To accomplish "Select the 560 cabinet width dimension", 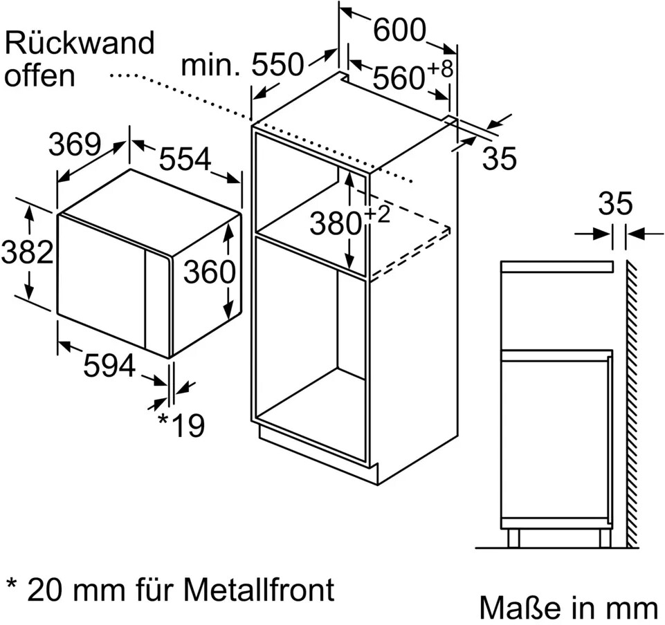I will [x=398, y=78].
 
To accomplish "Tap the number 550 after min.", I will [x=277, y=65].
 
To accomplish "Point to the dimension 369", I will [x=75, y=144].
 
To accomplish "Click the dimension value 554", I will [x=185, y=160].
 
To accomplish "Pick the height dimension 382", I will [x=27, y=252].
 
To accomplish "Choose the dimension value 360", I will [x=209, y=272].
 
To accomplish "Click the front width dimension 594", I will [x=109, y=366].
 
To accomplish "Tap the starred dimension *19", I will [x=181, y=426].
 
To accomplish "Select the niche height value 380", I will [x=336, y=224].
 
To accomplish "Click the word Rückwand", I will [x=79, y=44].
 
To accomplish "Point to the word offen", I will [x=39, y=75].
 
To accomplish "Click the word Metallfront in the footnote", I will [x=259, y=590].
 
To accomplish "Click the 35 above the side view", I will [x=615, y=204].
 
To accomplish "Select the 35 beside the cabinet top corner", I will [x=499, y=159].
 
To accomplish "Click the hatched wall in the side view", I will [x=632, y=401].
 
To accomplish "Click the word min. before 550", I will [x=210, y=66].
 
